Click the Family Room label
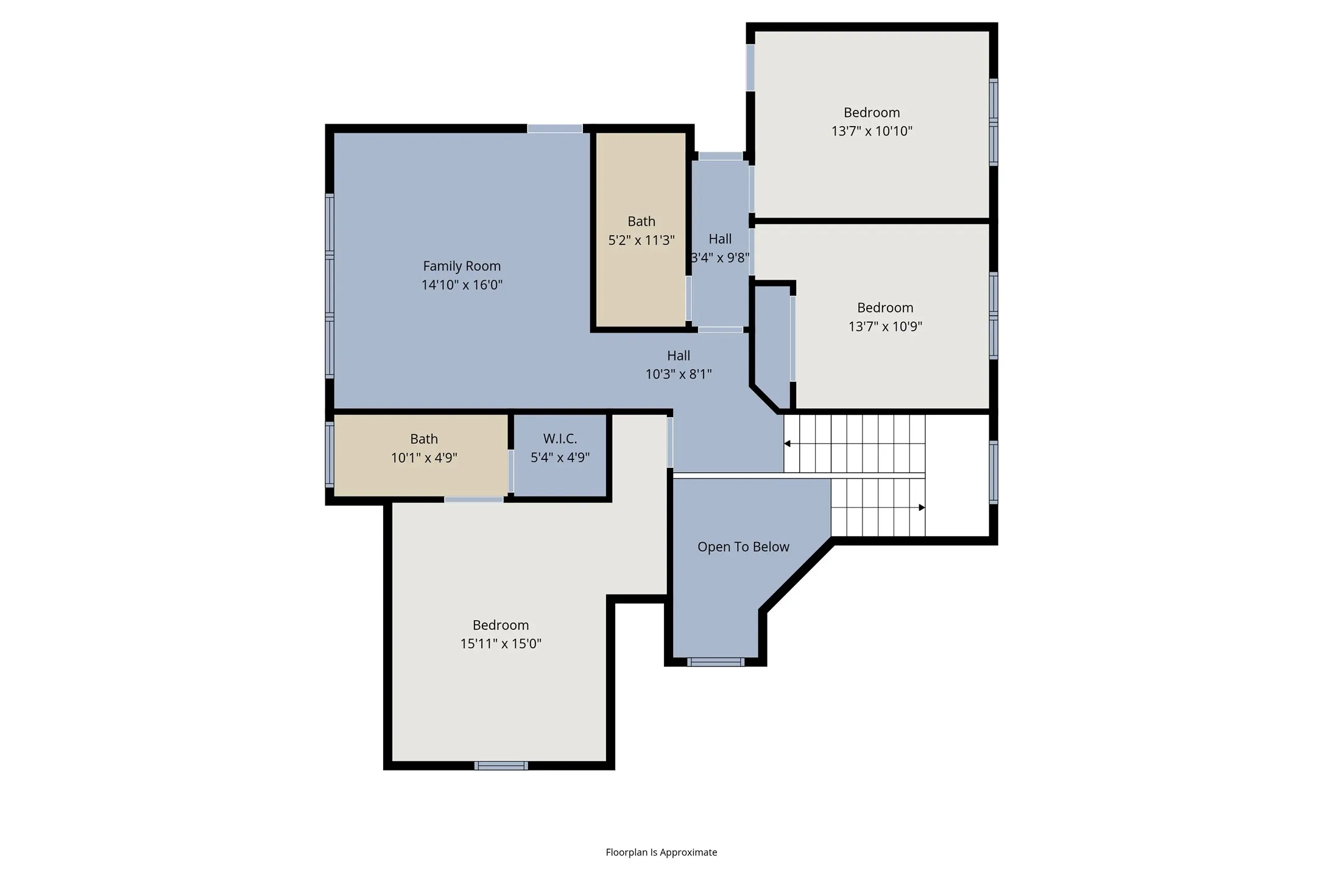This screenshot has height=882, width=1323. [x=462, y=266]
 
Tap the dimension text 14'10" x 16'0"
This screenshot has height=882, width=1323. [x=462, y=284]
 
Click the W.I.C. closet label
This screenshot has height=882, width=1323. [x=560, y=439]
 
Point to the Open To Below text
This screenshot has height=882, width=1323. [x=743, y=547]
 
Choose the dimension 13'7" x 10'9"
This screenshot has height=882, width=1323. [x=885, y=326]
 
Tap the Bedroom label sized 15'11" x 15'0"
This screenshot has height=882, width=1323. [x=501, y=625]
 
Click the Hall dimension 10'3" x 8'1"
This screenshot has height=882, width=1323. [x=679, y=374]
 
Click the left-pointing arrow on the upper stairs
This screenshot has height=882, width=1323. [x=787, y=443]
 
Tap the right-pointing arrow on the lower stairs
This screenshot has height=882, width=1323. [x=922, y=507]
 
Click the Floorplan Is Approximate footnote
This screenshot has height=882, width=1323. [x=661, y=852]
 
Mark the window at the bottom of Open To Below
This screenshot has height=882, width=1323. [x=716, y=662]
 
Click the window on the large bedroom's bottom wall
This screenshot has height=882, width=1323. [x=501, y=766]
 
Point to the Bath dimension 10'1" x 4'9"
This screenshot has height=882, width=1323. [x=424, y=457]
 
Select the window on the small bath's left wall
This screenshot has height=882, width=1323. [x=330, y=454]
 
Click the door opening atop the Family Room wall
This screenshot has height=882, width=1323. [x=554, y=129]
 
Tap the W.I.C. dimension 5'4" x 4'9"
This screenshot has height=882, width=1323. [x=560, y=457]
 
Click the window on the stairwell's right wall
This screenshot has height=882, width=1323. [x=993, y=472]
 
